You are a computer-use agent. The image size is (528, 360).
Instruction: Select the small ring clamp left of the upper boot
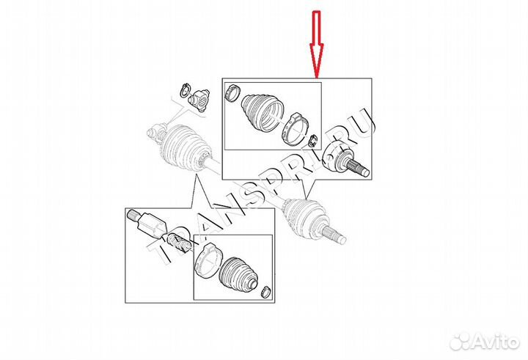pos(232,92)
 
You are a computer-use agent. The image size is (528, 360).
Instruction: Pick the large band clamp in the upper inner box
pos(293,129)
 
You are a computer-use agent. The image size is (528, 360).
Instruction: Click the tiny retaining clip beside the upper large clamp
pos(312,141)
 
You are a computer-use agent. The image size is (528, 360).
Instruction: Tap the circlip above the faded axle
pos(185,91)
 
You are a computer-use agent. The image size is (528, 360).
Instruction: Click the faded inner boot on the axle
pos(186,147)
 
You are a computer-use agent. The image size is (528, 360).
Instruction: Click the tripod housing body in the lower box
pos(153,225)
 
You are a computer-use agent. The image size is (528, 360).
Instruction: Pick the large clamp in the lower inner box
pos(206,260)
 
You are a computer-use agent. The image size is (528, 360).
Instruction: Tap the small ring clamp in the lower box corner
pos(266,292)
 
